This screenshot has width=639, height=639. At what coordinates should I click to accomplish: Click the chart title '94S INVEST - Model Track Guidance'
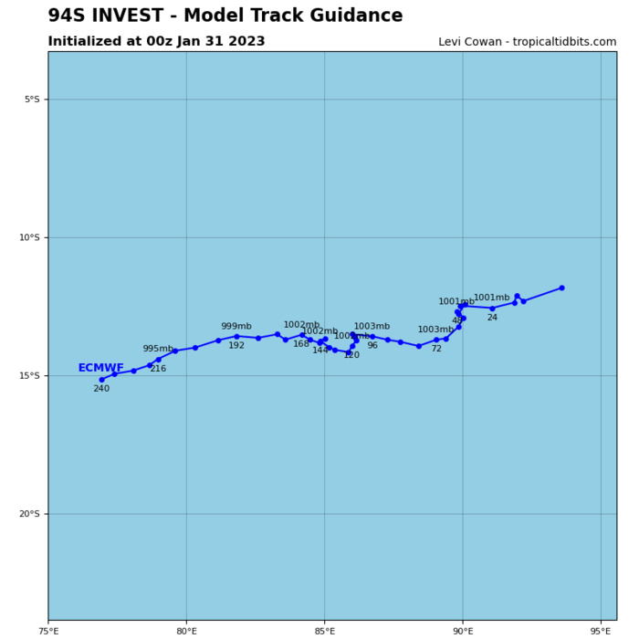[x=225, y=16]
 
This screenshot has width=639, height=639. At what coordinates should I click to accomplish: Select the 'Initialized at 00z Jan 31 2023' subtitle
[x=156, y=42]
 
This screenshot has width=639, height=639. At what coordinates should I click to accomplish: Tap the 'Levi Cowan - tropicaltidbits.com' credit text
[x=527, y=42]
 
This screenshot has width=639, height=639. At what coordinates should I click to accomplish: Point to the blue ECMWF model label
[x=100, y=368]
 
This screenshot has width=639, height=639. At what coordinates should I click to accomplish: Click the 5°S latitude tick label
[x=31, y=100]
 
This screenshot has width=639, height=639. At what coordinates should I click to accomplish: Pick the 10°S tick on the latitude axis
[x=28, y=237]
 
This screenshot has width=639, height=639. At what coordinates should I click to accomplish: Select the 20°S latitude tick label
[x=28, y=514]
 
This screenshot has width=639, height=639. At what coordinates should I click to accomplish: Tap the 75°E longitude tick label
[x=48, y=630]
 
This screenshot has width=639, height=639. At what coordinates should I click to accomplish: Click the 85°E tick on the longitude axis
[x=324, y=630]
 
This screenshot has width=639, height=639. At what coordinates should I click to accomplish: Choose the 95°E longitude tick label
[x=601, y=630]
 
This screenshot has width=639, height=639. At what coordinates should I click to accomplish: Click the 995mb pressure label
[x=157, y=349]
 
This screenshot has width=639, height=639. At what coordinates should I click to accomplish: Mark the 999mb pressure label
[x=236, y=326]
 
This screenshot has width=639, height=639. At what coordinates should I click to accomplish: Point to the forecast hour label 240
[x=101, y=389]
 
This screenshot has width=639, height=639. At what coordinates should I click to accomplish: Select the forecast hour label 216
[x=158, y=369]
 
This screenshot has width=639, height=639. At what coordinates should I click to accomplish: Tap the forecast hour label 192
[x=236, y=346]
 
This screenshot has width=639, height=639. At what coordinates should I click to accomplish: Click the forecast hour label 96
[x=372, y=346]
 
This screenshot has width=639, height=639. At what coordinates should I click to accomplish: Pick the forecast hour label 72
[x=436, y=349]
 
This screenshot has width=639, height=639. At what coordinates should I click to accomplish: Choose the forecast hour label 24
[x=492, y=318]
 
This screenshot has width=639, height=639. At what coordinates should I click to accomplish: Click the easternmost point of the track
[x=561, y=288]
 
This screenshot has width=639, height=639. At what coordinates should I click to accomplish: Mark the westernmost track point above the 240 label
[x=101, y=380]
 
